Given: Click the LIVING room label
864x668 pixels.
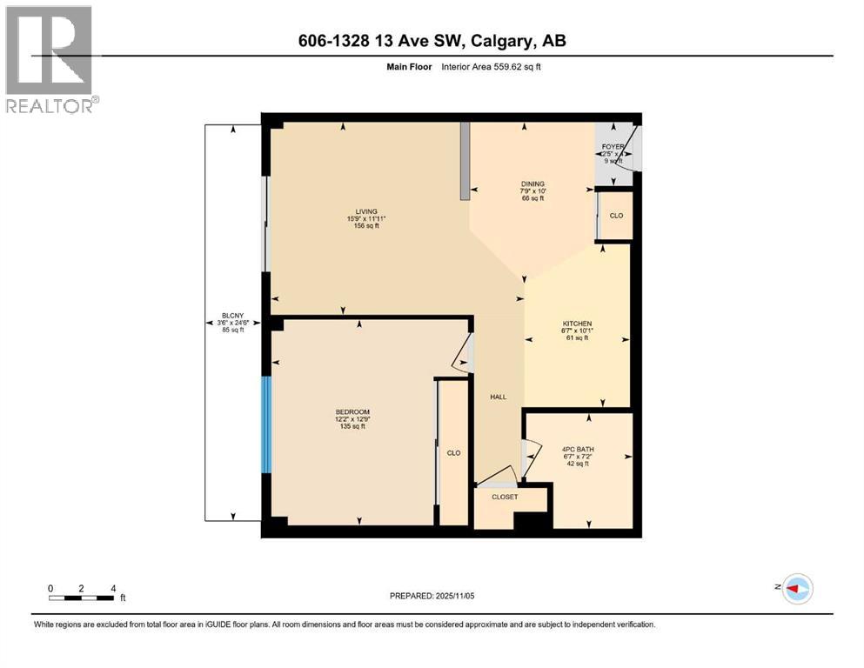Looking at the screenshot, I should pyautogui.click(x=365, y=211).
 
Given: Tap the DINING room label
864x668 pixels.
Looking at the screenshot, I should pyautogui.click(x=532, y=184).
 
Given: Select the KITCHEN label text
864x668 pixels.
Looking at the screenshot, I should pyautogui.click(x=577, y=324).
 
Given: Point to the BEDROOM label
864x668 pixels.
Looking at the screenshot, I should pyautogui.click(x=353, y=411).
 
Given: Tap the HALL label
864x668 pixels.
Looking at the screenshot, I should pyautogui.click(x=498, y=397).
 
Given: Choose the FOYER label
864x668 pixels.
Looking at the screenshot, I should pyautogui.click(x=613, y=147).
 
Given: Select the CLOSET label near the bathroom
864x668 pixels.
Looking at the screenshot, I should pyautogui.click(x=505, y=498).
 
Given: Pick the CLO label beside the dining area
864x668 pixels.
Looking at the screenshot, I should pyautogui.click(x=616, y=216).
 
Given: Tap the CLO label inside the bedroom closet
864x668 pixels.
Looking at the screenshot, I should pyautogui.click(x=453, y=453).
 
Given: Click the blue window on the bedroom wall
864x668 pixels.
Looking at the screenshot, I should pyautogui.click(x=267, y=424).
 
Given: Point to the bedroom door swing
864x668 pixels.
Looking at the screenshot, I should pyautogui.click(x=464, y=353).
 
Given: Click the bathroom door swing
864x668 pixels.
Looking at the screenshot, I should pyautogui.click(x=531, y=453).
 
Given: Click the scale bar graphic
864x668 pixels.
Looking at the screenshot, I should pyautogui.click(x=82, y=598).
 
